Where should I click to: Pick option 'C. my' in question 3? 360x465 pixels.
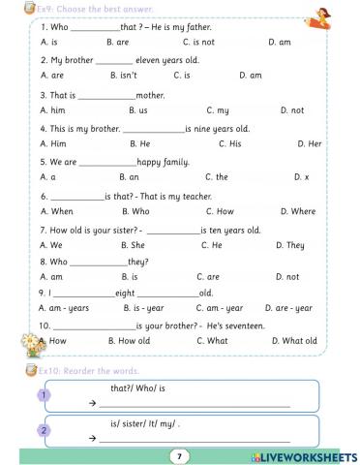click(219, 110)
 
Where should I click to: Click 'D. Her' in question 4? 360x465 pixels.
click(309, 143)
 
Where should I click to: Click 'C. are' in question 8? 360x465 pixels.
click(208, 277)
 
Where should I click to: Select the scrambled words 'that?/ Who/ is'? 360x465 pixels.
click(137, 387)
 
